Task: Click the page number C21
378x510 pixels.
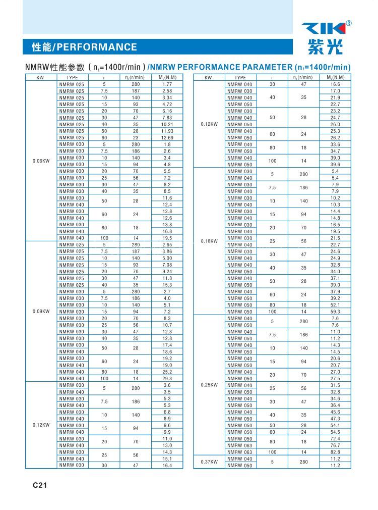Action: tap(40, 485)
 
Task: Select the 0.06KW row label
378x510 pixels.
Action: tap(40, 161)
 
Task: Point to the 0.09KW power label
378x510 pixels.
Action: tap(40, 312)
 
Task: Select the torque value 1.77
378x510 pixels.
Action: tap(167, 84)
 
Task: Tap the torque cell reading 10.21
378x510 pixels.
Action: tap(167, 124)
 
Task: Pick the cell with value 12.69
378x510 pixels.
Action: tap(167, 137)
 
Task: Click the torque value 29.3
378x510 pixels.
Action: tap(167, 378)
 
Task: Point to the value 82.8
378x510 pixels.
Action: tap(335, 452)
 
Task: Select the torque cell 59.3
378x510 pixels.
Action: tap(335, 312)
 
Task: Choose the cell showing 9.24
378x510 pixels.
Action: tap(167, 271)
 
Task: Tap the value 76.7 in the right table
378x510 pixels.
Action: tap(335, 445)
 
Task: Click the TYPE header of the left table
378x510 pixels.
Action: tap(72, 77)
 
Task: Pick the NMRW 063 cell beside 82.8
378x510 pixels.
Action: tap(240, 452)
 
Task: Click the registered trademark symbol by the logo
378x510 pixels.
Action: tap(349, 23)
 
